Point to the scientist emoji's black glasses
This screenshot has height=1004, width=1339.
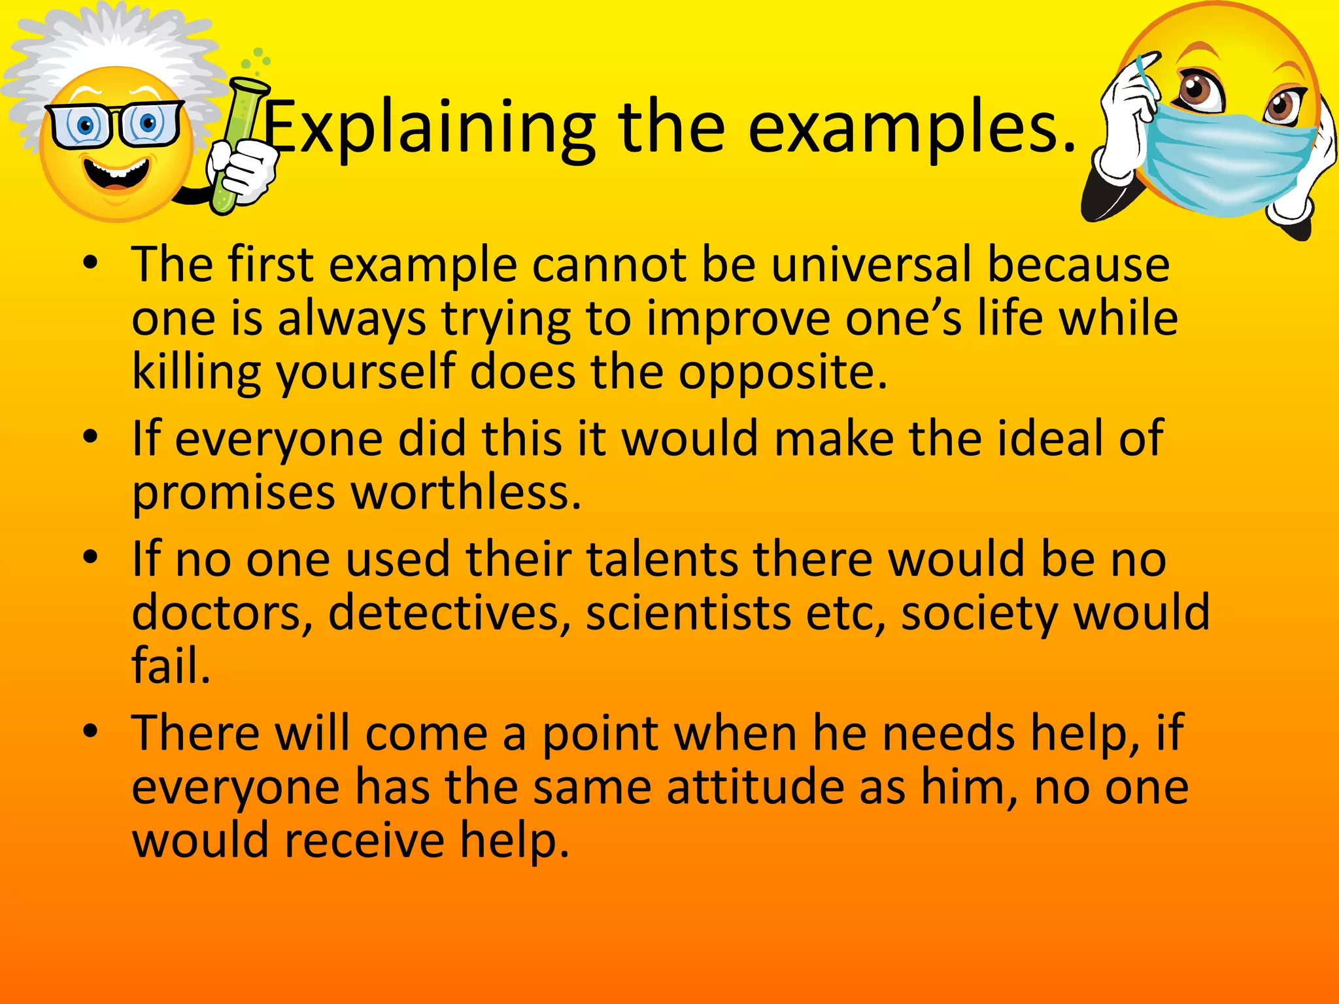click(x=114, y=124)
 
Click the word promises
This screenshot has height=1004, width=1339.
click(x=233, y=494)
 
